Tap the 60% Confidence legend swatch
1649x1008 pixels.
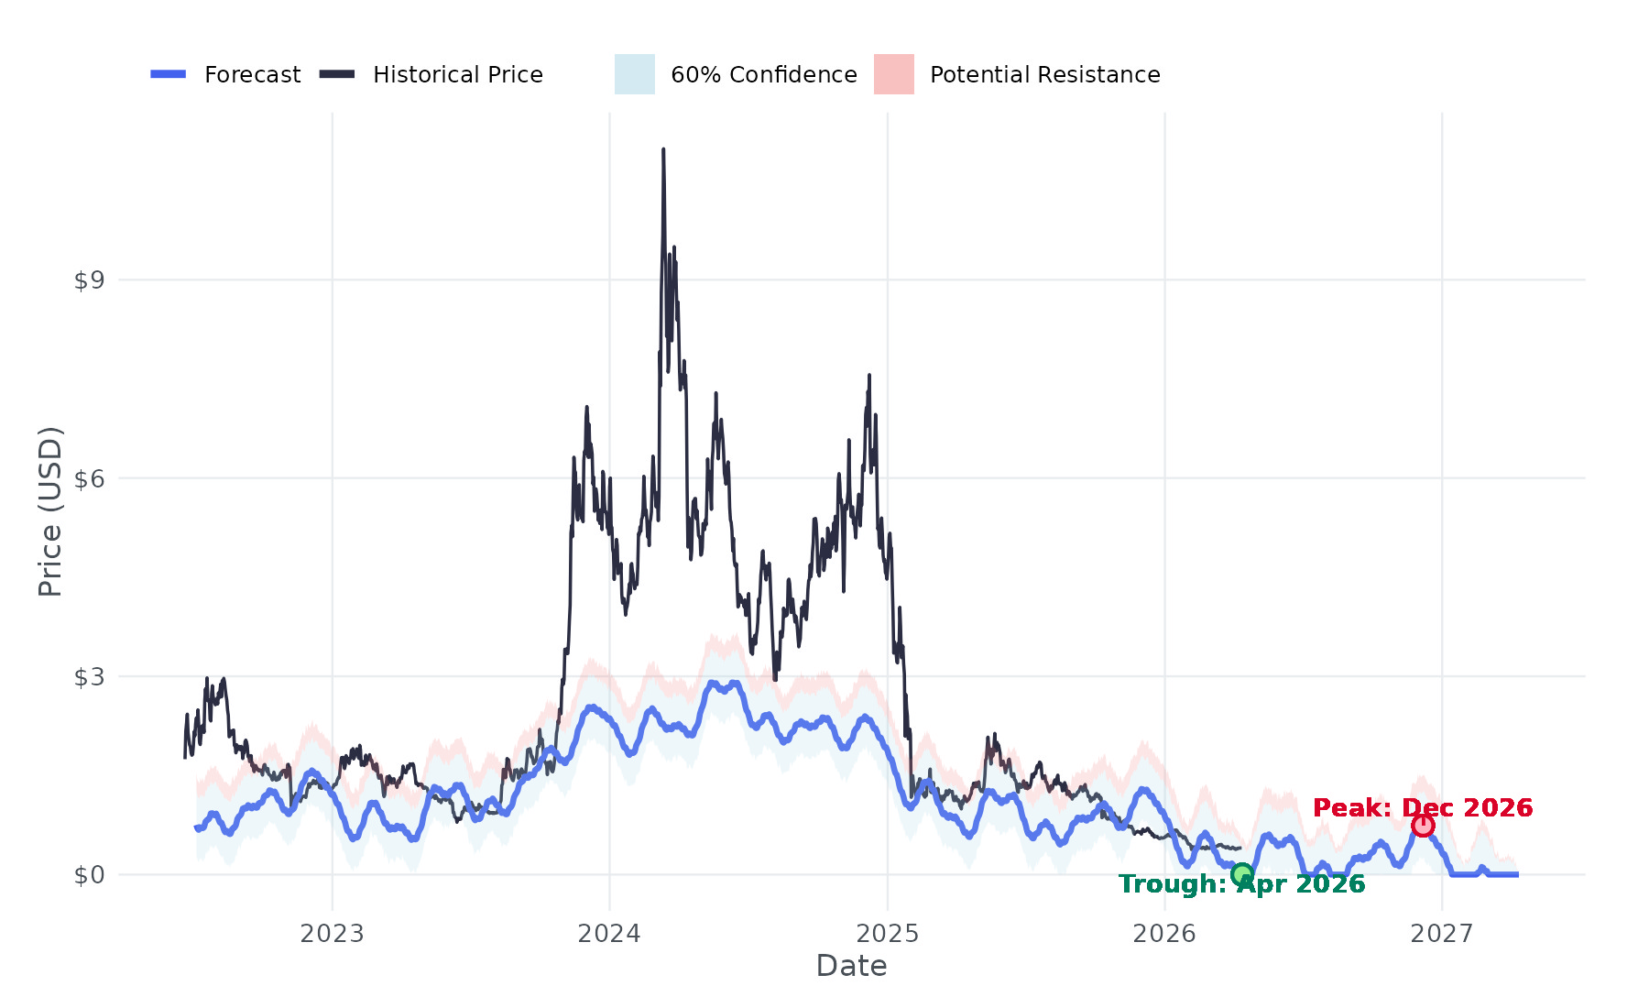point(635,74)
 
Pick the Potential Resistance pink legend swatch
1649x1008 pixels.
point(893,74)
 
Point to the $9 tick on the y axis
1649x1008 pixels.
point(89,280)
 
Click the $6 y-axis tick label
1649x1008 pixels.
point(89,478)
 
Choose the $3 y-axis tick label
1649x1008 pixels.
point(89,677)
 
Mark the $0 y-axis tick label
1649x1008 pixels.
point(89,875)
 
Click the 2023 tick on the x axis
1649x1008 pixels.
point(333,934)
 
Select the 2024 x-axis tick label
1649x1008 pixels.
point(610,934)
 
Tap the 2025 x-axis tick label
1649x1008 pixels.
point(888,934)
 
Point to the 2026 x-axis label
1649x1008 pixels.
point(1164,934)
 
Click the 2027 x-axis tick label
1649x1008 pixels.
point(1442,934)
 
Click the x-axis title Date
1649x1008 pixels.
point(851,966)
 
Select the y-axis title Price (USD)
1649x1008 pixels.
point(50,511)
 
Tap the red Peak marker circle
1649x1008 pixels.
point(1423,826)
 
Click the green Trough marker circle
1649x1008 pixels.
point(1241,874)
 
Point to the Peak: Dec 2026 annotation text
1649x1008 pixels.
point(1423,808)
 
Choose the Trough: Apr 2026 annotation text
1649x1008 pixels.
point(1241,884)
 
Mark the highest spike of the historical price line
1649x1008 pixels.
point(663,150)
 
